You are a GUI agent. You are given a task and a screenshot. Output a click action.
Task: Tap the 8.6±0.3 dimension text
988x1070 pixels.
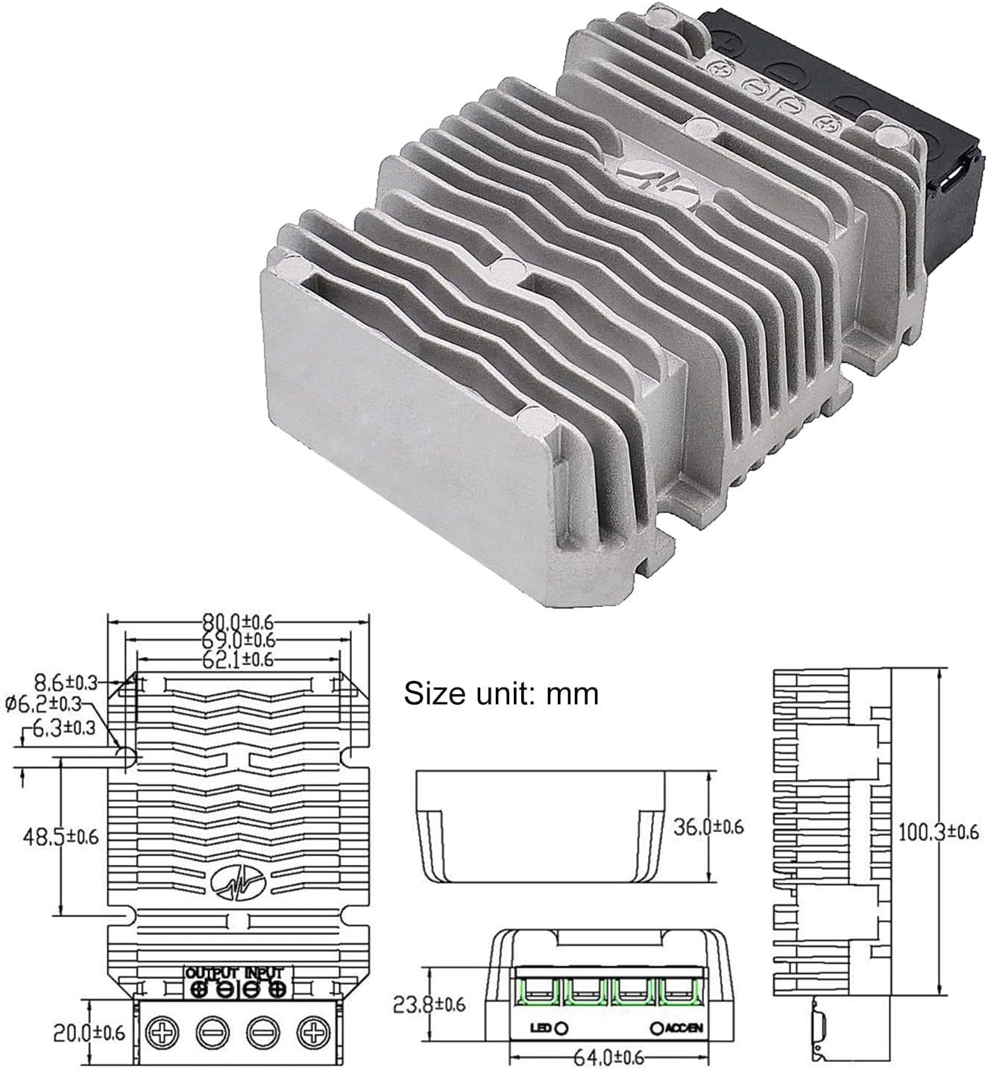click(x=66, y=682)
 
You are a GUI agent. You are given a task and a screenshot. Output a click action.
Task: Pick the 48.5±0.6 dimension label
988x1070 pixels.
click(x=60, y=837)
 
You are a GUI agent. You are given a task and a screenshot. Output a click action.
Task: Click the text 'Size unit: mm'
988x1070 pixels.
click(x=500, y=693)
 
